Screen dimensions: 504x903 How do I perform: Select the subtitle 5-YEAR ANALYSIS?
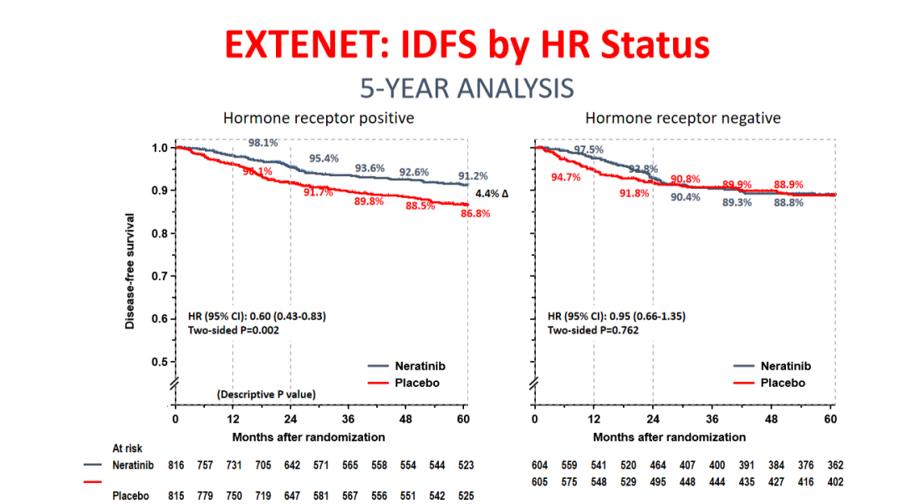coord(467,88)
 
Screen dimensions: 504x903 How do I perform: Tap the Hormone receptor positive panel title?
coord(318,118)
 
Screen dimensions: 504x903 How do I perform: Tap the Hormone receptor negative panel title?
coord(682,118)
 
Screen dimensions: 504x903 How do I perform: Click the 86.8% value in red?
coord(474,214)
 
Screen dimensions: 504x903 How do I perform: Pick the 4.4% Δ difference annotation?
coord(492,194)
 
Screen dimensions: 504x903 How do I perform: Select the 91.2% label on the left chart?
coord(473,176)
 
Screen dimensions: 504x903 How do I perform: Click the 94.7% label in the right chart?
coord(565,178)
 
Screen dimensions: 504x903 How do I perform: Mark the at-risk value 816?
coord(175,465)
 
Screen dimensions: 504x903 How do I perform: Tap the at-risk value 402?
coord(834,481)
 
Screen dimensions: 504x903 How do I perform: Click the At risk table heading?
coord(128,448)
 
